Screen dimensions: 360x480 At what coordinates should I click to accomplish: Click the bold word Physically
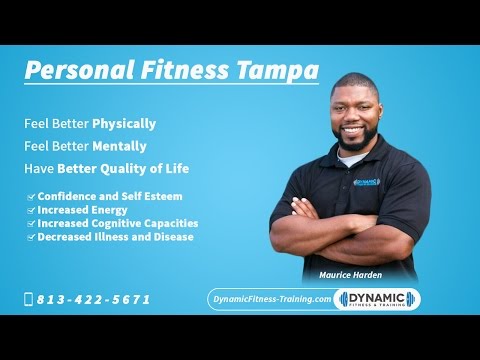point(124,124)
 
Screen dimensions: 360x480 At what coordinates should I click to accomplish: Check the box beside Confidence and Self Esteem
point(31,196)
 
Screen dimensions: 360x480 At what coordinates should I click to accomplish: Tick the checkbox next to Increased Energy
point(31,210)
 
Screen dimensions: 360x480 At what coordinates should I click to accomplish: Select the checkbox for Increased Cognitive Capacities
point(31,224)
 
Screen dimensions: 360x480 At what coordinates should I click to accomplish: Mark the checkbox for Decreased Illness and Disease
point(31,237)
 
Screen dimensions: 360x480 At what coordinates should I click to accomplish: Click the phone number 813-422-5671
point(94,299)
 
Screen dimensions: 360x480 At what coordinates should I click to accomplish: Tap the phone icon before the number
point(28,299)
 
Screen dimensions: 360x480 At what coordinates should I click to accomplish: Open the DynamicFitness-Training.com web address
point(270,299)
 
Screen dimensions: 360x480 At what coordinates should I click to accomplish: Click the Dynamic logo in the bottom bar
point(377,299)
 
